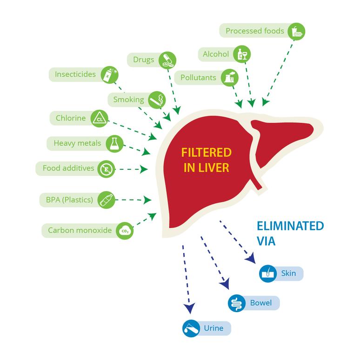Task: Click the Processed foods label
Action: coord(254,31)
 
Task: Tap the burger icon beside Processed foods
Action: coord(296,32)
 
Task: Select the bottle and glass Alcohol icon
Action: coord(242,54)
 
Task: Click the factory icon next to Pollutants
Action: coord(230,77)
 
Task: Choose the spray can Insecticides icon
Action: coord(110,74)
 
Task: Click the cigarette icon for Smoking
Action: coord(156,100)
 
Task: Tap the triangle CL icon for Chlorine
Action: coord(99,118)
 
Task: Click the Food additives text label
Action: coord(68,168)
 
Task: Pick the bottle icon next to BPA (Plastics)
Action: coord(106,200)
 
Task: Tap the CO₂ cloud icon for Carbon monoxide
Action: coord(125,230)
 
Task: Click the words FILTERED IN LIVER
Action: coord(206,160)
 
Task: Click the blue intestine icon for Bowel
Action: coord(237,303)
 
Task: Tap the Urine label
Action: coord(213,328)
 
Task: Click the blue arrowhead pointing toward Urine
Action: coord(189,308)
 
